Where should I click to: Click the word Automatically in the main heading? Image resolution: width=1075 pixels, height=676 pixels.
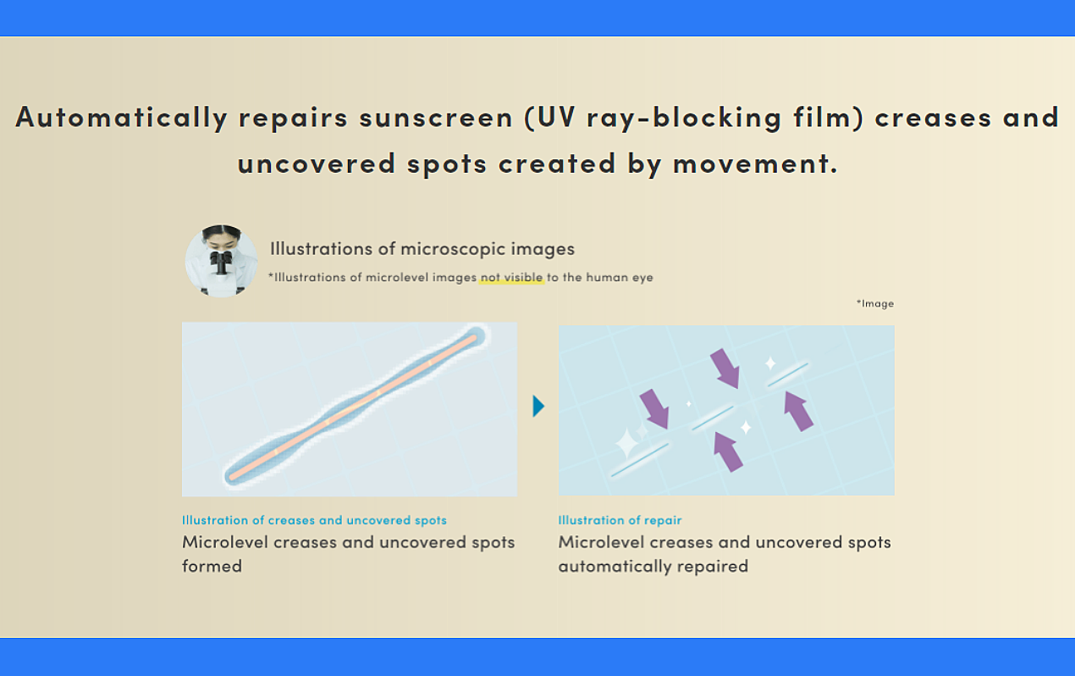(x=122, y=118)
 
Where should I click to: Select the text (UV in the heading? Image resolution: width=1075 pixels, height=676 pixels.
(x=550, y=118)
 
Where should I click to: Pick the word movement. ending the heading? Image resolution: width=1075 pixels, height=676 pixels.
(x=755, y=163)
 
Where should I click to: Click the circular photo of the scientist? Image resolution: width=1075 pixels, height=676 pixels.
(x=221, y=260)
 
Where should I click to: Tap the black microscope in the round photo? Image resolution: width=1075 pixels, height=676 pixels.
(x=221, y=263)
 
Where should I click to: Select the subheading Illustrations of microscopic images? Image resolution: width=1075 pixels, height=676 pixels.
(x=422, y=249)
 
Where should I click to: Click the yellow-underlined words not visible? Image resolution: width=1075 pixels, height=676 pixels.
(x=511, y=277)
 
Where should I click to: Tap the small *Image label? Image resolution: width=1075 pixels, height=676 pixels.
(x=875, y=303)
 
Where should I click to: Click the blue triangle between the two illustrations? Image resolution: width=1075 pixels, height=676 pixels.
(x=538, y=406)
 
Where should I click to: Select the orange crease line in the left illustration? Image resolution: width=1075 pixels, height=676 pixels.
(x=353, y=407)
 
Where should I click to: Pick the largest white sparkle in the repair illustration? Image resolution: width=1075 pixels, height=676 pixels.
(x=626, y=443)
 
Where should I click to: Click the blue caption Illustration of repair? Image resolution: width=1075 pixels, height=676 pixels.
(x=620, y=520)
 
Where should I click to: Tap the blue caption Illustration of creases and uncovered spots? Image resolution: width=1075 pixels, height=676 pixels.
(x=314, y=520)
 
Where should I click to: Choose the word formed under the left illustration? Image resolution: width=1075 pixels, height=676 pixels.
(x=212, y=566)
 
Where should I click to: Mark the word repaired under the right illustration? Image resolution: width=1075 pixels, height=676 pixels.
(x=713, y=567)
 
